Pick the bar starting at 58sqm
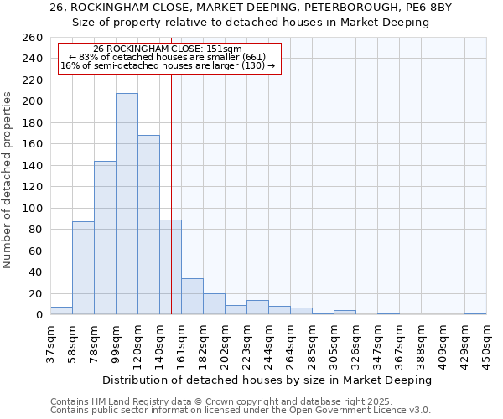(x=83, y=268)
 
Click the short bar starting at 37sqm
(x=61, y=311)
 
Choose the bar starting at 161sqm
(x=192, y=297)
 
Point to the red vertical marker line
(x=171, y=168)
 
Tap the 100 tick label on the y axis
(x=32, y=208)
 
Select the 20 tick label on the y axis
(x=35, y=293)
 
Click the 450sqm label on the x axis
(x=486, y=344)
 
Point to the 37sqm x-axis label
(x=50, y=344)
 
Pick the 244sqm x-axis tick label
(x=268, y=344)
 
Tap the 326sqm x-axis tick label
(x=355, y=344)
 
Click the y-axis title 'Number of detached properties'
(x=8, y=180)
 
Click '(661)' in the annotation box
(x=253, y=57)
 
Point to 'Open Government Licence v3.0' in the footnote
(x=360, y=410)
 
